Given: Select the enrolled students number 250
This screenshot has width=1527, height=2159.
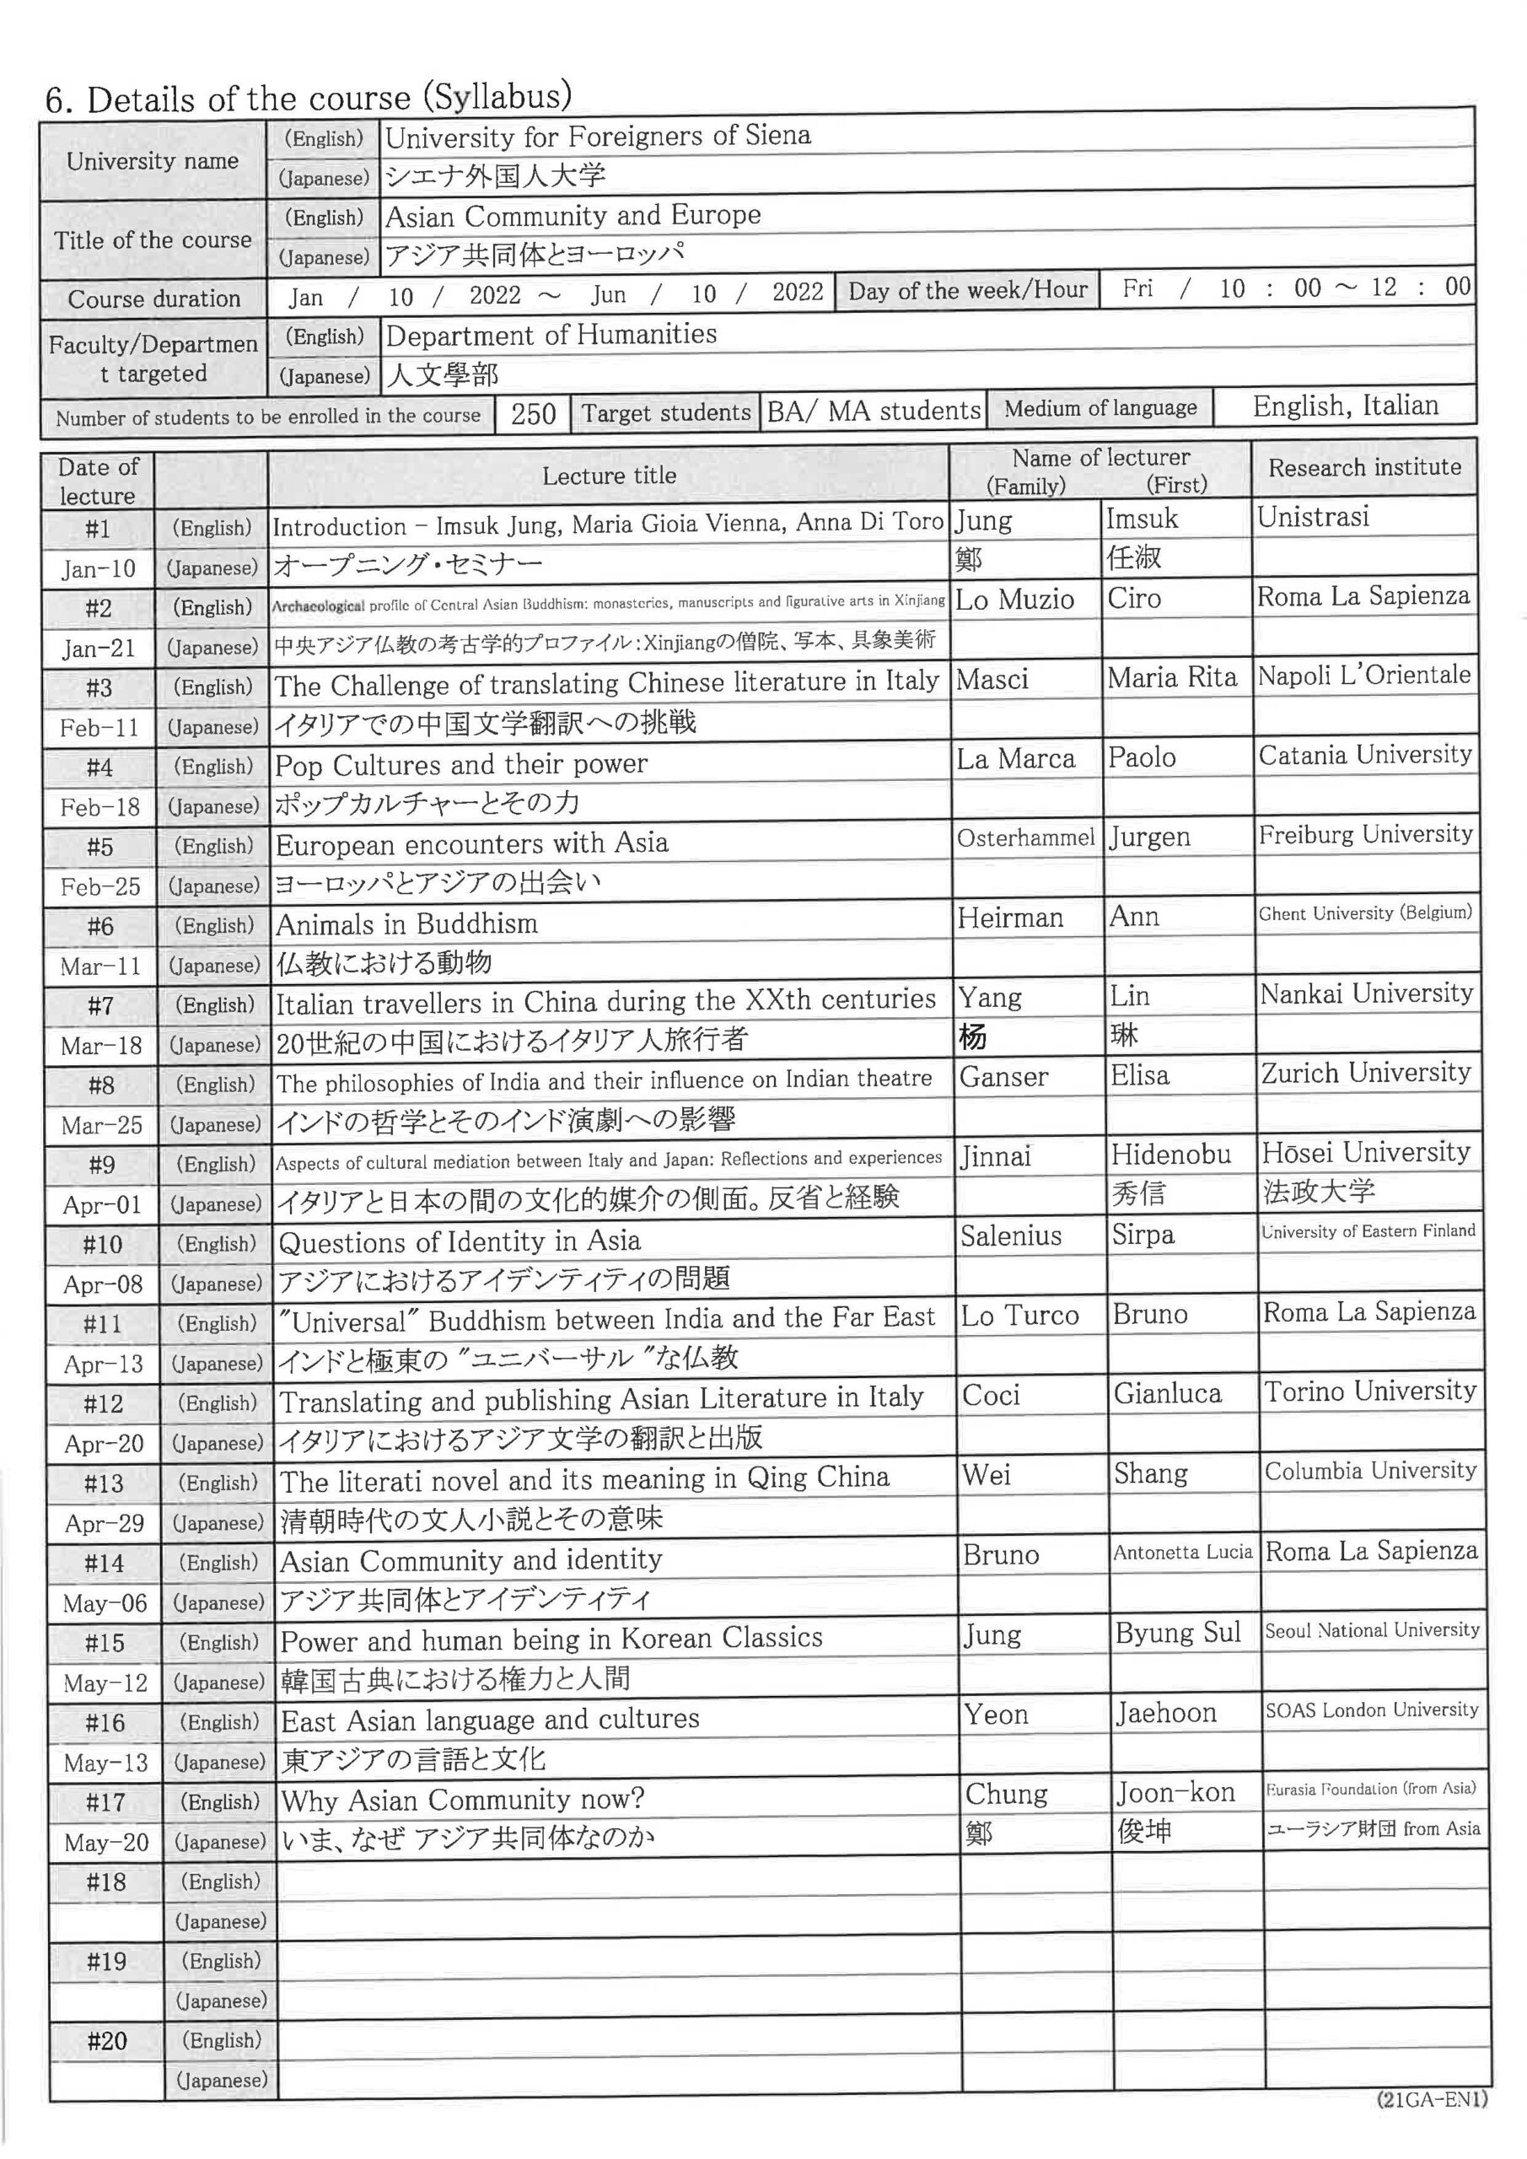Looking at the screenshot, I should pyautogui.click(x=533, y=414).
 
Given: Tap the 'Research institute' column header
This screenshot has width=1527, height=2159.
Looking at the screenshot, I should pyautogui.click(x=1364, y=467).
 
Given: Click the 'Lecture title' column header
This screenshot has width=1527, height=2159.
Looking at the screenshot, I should pyautogui.click(x=610, y=476).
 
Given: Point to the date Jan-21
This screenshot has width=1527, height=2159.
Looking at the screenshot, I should pyautogui.click(x=99, y=648).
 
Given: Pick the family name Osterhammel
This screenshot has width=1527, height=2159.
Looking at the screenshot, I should pyautogui.click(x=1026, y=837).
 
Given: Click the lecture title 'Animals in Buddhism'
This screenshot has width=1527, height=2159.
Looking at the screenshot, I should pyautogui.click(x=407, y=924).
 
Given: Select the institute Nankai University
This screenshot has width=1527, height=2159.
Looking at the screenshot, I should pyautogui.click(x=1366, y=994).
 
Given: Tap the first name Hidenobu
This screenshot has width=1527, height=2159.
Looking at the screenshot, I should pyautogui.click(x=1170, y=1154).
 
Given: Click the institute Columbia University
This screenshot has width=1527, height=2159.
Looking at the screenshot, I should pyautogui.click(x=1370, y=1471).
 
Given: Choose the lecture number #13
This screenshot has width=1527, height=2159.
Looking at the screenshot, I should pyautogui.click(x=104, y=1483).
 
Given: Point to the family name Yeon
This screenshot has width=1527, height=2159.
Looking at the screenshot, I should pyautogui.click(x=996, y=1715).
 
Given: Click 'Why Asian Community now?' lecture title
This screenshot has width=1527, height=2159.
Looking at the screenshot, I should pyautogui.click(x=463, y=1800).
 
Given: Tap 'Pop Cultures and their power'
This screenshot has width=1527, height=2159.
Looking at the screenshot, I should pyautogui.click(x=460, y=764).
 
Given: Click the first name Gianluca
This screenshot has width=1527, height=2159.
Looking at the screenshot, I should pyautogui.click(x=1168, y=1393).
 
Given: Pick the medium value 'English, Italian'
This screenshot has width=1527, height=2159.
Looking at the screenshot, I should pyautogui.click(x=1346, y=406).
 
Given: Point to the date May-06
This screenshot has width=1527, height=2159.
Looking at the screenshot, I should pyautogui.click(x=105, y=1603).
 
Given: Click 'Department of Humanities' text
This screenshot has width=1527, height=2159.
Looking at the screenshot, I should pyautogui.click(x=551, y=335).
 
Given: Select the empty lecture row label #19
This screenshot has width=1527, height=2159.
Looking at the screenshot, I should pyautogui.click(x=106, y=1962).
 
